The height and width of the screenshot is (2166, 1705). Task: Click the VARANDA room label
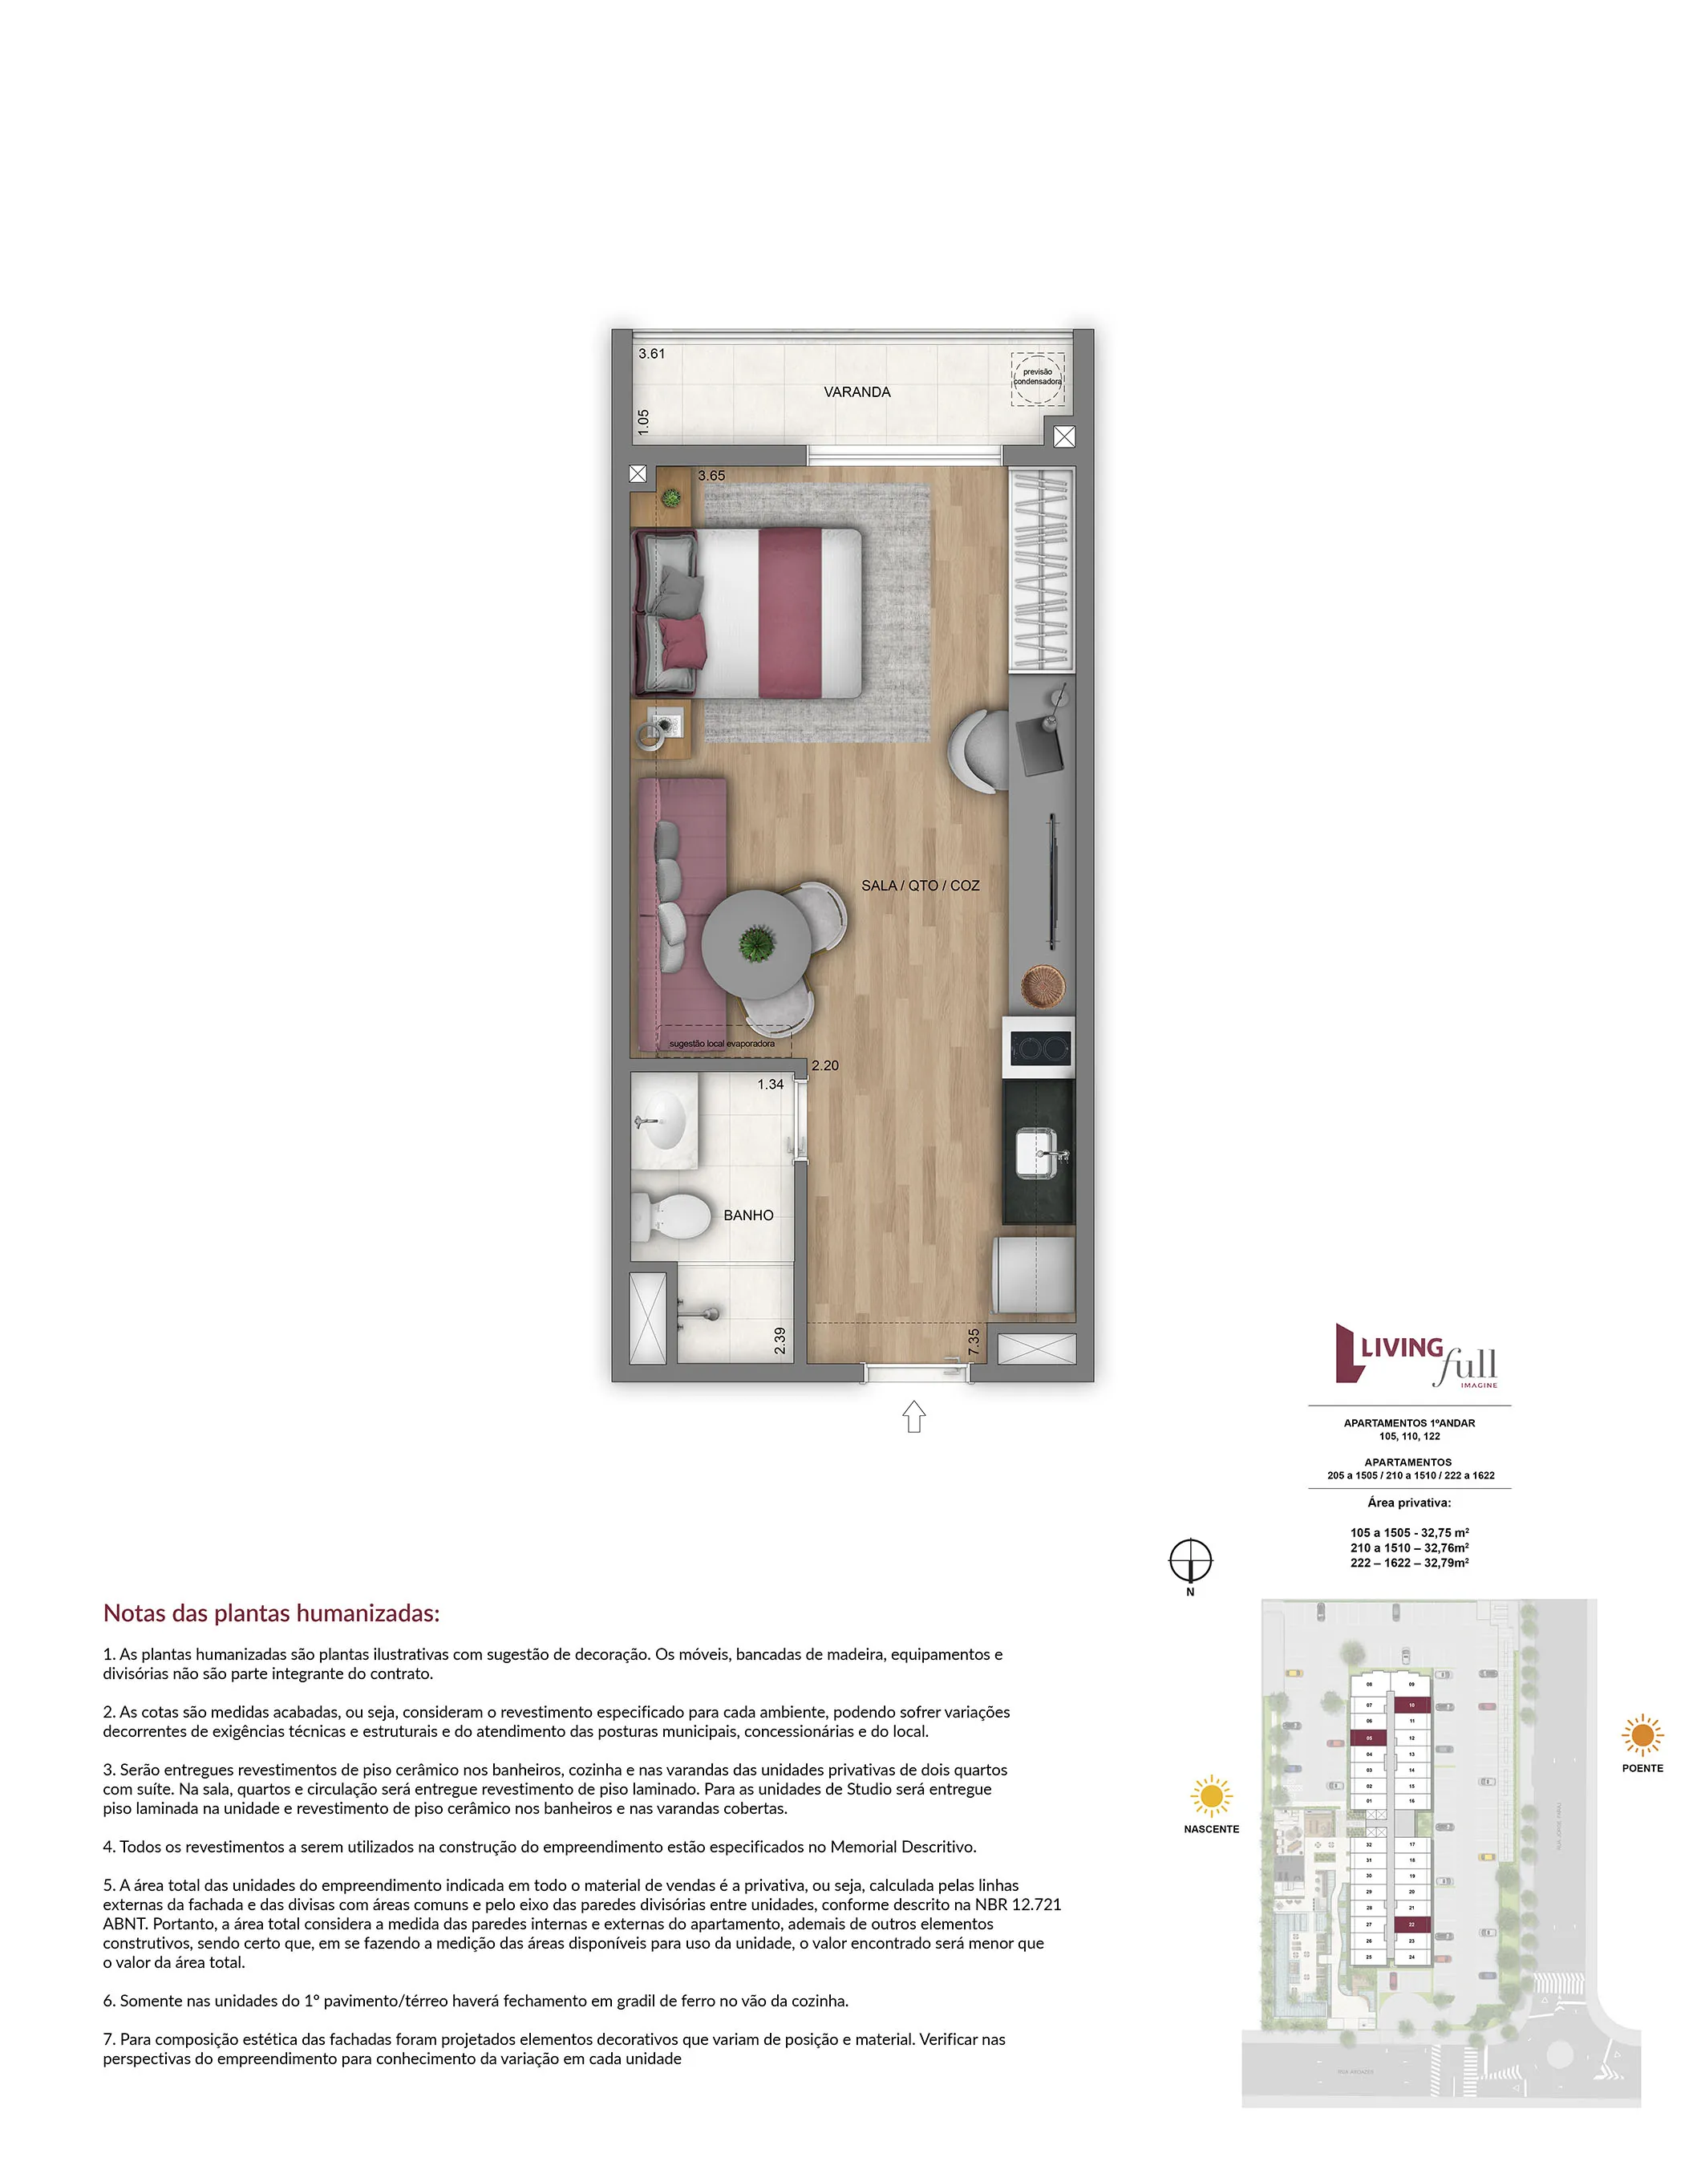857,391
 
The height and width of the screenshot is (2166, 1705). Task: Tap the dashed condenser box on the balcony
1037,378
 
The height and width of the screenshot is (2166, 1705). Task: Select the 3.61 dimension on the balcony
652,354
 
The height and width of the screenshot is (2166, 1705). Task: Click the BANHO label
747,1215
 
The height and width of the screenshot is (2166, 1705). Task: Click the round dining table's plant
757,942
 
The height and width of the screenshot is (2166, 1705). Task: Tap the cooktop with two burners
1039,1048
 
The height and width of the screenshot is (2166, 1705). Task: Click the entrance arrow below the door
913,1416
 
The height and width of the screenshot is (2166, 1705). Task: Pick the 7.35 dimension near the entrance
974,1341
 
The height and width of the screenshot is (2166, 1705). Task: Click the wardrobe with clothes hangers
1041,570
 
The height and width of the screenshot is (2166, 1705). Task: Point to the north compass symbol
1190,1560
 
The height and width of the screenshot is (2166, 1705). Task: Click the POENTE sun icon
1642,1734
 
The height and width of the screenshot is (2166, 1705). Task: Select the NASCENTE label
1211,1828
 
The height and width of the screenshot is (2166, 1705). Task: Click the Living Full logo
1415,1356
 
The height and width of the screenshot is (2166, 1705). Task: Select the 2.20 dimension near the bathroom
824,1065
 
